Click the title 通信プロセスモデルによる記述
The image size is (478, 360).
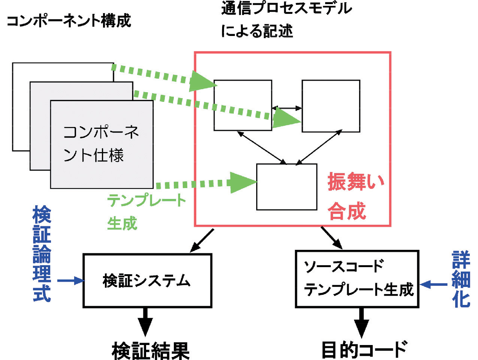286,19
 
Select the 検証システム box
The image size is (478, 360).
147,281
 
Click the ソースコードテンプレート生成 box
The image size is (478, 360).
357,279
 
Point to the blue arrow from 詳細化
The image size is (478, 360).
433,285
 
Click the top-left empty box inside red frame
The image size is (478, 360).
243,105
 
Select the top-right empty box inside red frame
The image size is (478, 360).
331,106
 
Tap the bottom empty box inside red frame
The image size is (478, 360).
287,187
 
